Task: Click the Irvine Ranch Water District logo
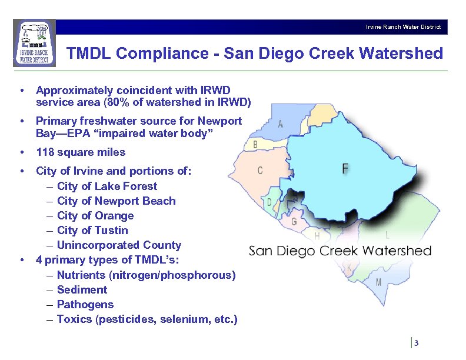34,42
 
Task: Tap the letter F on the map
345,169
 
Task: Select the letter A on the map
281,124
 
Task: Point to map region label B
255,145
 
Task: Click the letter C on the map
260,171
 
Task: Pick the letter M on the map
378,282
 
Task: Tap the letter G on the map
294,222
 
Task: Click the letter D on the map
269,202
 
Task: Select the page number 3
416,344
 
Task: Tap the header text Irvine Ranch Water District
403,27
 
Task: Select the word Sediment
82,289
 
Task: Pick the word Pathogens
85,304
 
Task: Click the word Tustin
111,230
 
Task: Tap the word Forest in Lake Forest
139,186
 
